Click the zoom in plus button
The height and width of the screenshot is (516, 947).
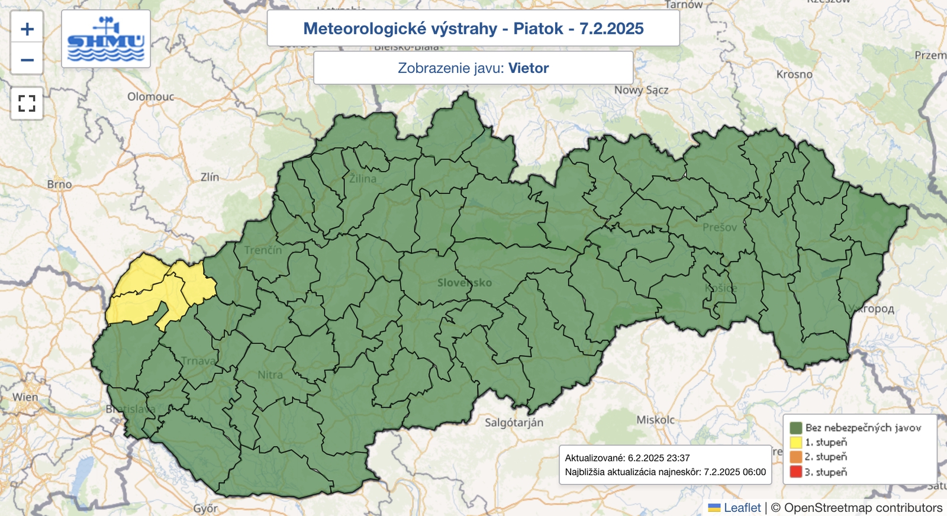pyautogui.click(x=27, y=28)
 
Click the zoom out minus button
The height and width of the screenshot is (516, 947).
pyautogui.click(x=27, y=60)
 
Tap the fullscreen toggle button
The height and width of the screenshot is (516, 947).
pyautogui.click(x=27, y=104)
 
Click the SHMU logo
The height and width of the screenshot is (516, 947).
pyautogui.click(x=106, y=39)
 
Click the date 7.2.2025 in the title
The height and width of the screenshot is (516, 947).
pyautogui.click(x=611, y=28)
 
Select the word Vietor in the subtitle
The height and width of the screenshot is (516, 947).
pyautogui.click(x=529, y=68)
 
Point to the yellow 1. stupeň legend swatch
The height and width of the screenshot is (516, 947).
pyautogui.click(x=795, y=442)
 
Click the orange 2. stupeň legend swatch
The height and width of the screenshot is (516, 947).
pyautogui.click(x=795, y=457)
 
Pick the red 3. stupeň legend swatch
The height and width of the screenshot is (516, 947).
pyautogui.click(x=795, y=472)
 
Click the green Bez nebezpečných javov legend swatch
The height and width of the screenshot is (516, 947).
pyautogui.click(x=795, y=427)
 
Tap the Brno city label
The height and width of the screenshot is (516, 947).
pyautogui.click(x=59, y=185)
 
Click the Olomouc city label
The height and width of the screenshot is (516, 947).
pyautogui.click(x=151, y=96)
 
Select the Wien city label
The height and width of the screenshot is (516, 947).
pyautogui.click(x=25, y=397)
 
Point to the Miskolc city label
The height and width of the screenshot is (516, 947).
pyautogui.click(x=655, y=420)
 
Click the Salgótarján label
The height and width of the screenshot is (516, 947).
pyautogui.click(x=514, y=423)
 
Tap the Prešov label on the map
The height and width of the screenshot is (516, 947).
pyautogui.click(x=720, y=227)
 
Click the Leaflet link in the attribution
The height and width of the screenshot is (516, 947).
pyautogui.click(x=742, y=508)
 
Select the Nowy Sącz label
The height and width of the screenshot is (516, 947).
pyautogui.click(x=641, y=90)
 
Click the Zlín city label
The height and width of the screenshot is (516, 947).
pyautogui.click(x=210, y=177)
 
